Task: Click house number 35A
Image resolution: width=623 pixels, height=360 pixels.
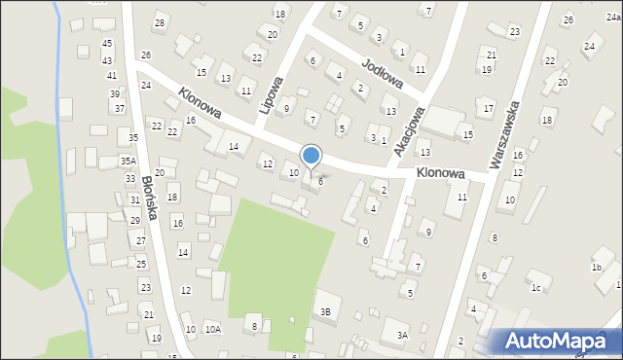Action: click(128, 161)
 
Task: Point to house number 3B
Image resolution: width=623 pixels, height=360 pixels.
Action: click(326, 311)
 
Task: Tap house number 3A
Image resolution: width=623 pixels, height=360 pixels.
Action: click(402, 335)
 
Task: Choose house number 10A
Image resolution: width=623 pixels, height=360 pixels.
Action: click(212, 330)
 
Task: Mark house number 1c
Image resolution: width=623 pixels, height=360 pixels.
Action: click(535, 287)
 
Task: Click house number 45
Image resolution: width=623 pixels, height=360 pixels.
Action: click(107, 44)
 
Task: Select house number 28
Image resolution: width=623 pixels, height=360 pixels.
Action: click(160, 22)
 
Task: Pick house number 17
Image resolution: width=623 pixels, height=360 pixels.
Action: click(489, 108)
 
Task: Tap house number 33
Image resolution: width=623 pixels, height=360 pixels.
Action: click(130, 179)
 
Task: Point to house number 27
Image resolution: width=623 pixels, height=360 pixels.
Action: click(141, 240)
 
